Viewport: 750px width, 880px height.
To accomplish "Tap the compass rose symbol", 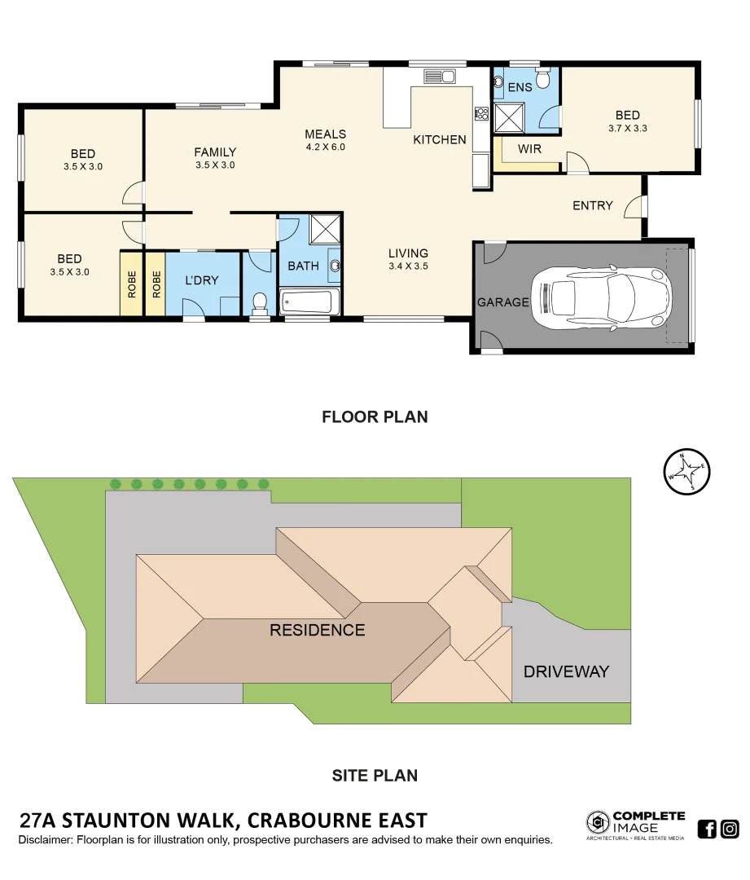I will [687, 471].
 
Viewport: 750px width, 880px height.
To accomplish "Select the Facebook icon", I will [707, 829].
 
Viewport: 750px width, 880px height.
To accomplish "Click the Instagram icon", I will [730, 829].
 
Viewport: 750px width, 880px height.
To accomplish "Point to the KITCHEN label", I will [440, 139].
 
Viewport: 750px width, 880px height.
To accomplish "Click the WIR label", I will [529, 149].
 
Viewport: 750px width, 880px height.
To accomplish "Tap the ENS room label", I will [520, 86].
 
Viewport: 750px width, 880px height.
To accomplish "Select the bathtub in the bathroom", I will [309, 302].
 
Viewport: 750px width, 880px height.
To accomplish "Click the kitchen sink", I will [439, 77].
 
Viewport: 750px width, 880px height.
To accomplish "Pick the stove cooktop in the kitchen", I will [481, 113].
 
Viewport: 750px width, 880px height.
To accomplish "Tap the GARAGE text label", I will [502, 301].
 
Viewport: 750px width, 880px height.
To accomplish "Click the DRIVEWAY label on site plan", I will [566, 671].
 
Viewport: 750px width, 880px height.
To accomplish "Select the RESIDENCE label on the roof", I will [317, 630].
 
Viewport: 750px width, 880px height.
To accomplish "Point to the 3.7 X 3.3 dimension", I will [627, 128].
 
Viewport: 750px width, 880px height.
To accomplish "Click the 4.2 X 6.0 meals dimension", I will [326, 147].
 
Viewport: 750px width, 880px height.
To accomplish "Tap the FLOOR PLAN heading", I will [375, 417].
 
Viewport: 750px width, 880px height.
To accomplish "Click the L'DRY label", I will [201, 280].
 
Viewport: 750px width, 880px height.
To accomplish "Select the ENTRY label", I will [592, 205].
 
